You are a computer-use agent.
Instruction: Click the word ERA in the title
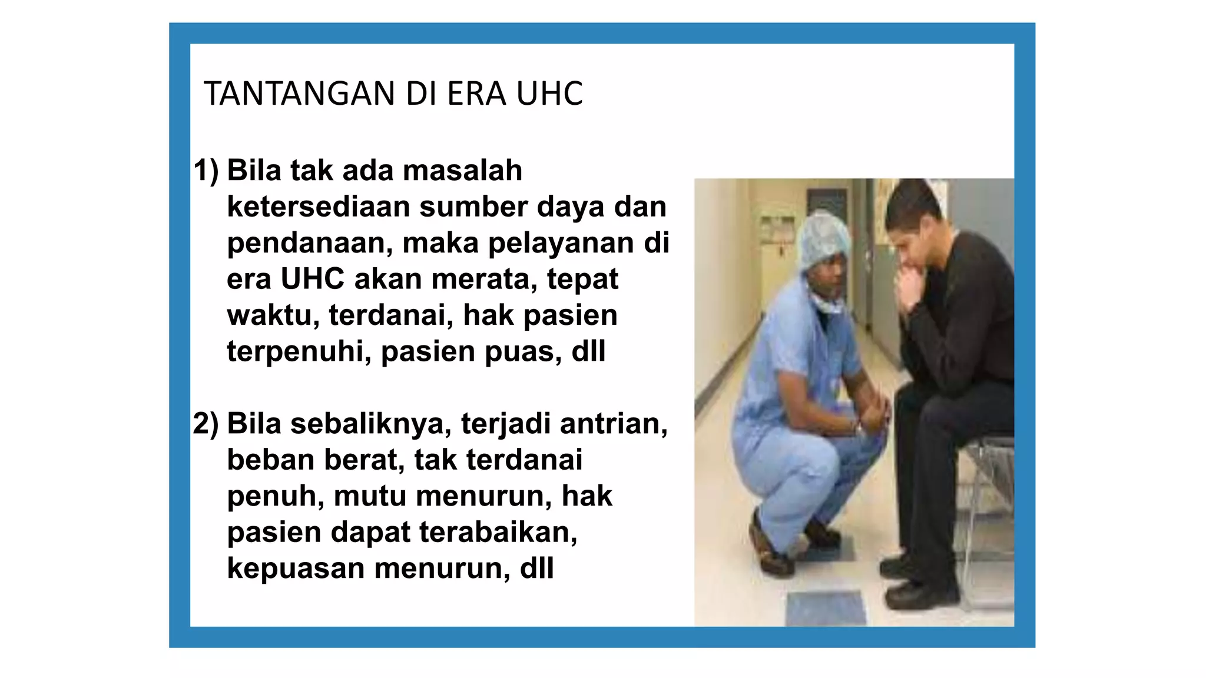476,94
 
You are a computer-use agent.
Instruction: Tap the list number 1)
206,171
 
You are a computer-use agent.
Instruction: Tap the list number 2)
206,424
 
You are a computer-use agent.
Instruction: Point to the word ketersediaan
318,207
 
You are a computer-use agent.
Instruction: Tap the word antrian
614,424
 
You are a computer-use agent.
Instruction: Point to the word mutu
370,496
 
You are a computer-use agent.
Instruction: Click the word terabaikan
498,533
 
